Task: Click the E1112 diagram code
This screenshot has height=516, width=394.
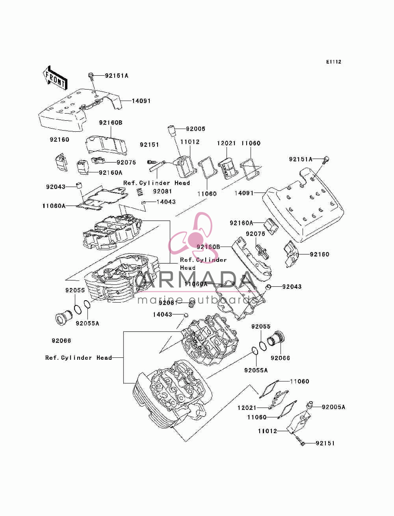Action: (333, 62)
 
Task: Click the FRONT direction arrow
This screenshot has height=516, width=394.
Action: (55, 78)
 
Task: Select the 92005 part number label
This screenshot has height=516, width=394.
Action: (195, 129)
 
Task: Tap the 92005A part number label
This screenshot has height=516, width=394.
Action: (333, 407)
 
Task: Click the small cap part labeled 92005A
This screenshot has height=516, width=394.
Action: (310, 405)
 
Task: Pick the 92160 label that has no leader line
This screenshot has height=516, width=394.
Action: (59, 140)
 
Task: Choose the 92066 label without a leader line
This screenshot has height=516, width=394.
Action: (61, 340)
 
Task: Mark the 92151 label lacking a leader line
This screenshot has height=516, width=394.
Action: (149, 144)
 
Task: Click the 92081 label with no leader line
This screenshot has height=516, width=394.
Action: (162, 191)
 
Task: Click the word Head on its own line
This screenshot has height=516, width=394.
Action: (188, 267)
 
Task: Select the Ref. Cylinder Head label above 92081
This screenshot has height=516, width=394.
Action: (156, 183)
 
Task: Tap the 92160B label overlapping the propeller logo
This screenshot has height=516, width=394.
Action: (208, 247)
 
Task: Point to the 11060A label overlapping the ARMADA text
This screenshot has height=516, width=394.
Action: (196, 284)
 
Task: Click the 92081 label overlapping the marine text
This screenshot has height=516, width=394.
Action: (168, 303)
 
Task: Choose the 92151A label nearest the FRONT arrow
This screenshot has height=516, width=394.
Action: (117, 76)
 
